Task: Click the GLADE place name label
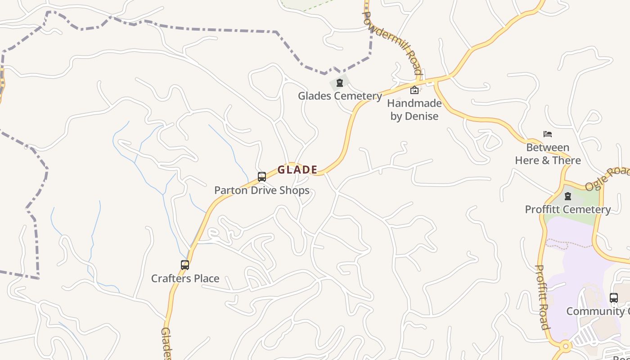[297, 170]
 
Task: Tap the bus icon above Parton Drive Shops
[262, 177]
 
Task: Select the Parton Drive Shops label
[261, 190]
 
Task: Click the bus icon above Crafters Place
[185, 265]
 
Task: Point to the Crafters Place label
[185, 279]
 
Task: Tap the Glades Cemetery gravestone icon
[340, 83]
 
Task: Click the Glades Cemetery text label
[340, 96]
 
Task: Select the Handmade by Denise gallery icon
[414, 90]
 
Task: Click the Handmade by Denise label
[414, 109]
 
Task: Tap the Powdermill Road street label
[393, 43]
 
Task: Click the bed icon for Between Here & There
[548, 134]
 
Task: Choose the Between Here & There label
[548, 154]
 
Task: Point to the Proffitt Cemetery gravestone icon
[568, 196]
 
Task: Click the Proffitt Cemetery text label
[568, 209]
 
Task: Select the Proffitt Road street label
[542, 297]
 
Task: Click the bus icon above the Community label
[614, 297]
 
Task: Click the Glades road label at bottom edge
[166, 344]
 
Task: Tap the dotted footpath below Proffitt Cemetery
[569, 243]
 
